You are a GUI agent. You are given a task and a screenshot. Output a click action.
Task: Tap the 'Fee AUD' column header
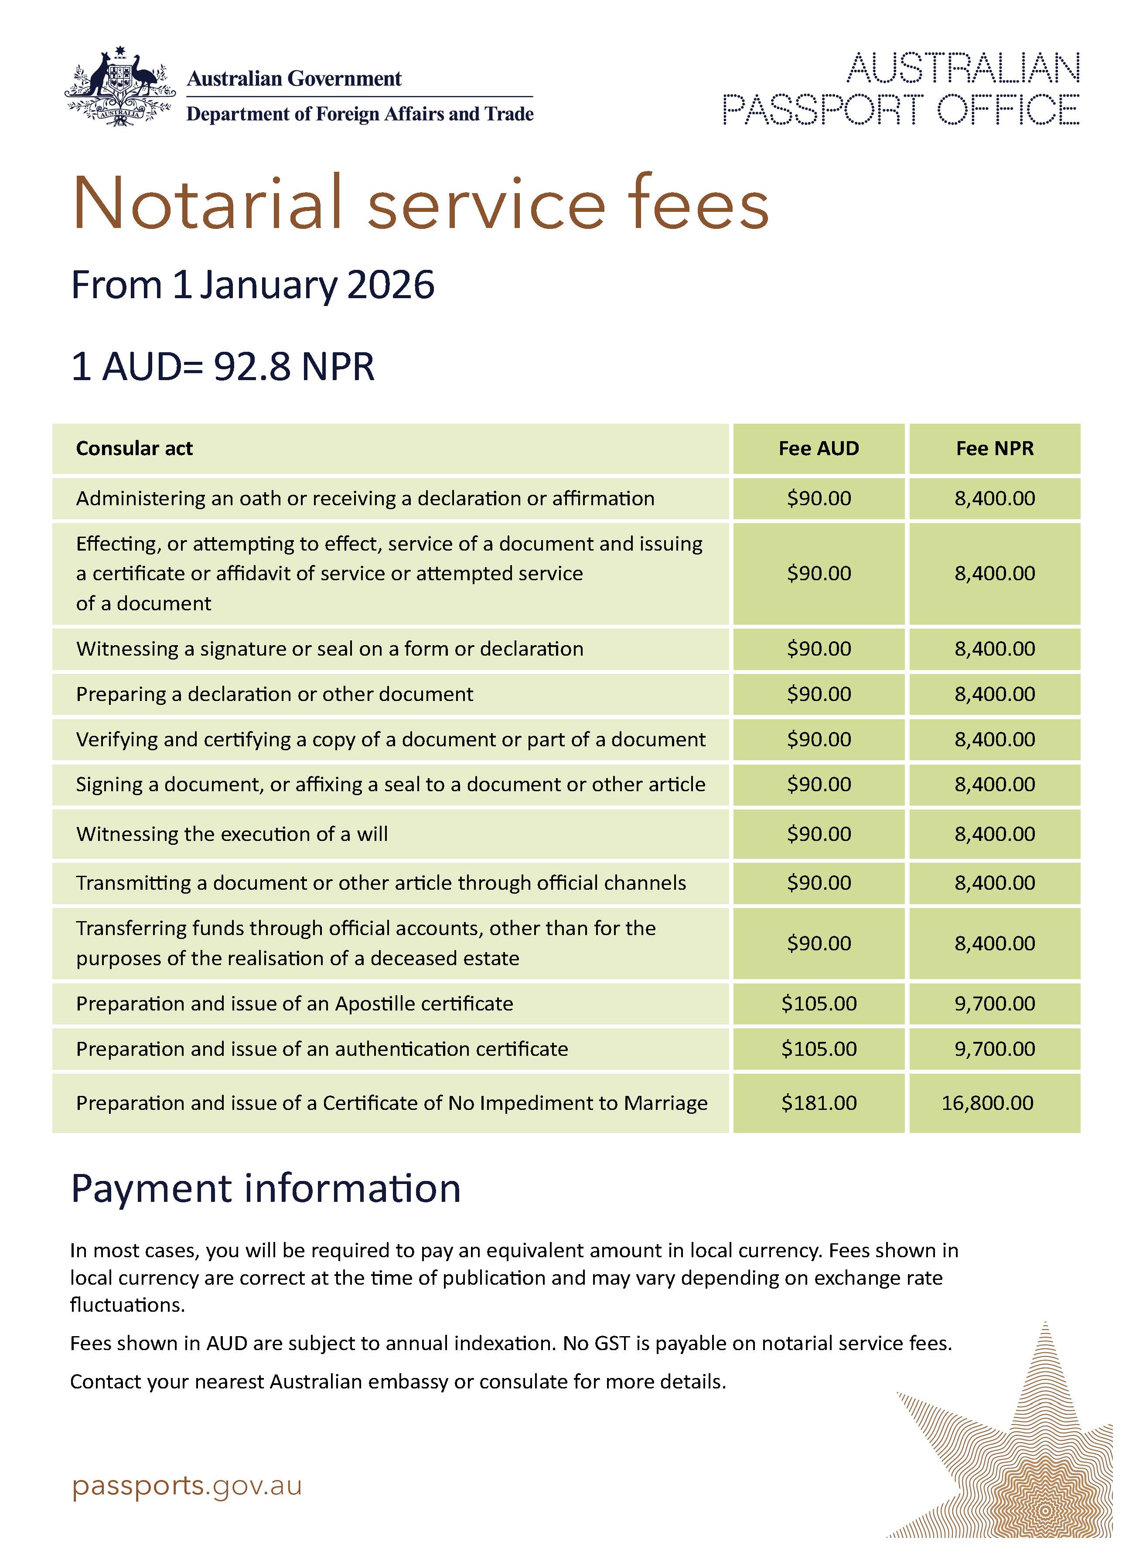(819, 449)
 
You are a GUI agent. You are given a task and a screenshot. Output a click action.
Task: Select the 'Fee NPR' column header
(995, 449)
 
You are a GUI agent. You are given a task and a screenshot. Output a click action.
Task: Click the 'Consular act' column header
(135, 449)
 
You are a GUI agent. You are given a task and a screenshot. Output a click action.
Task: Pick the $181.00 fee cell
(819, 1102)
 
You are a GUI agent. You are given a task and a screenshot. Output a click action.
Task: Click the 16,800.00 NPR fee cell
(988, 1102)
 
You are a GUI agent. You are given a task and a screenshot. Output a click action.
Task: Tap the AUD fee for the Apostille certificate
(819, 1004)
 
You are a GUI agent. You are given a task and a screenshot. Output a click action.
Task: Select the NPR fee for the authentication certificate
(995, 1049)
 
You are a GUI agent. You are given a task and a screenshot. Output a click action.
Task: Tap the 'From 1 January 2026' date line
(252, 285)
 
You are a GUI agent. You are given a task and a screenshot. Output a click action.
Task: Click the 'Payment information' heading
(266, 1189)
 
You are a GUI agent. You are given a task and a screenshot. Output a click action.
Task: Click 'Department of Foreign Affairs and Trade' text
(360, 114)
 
